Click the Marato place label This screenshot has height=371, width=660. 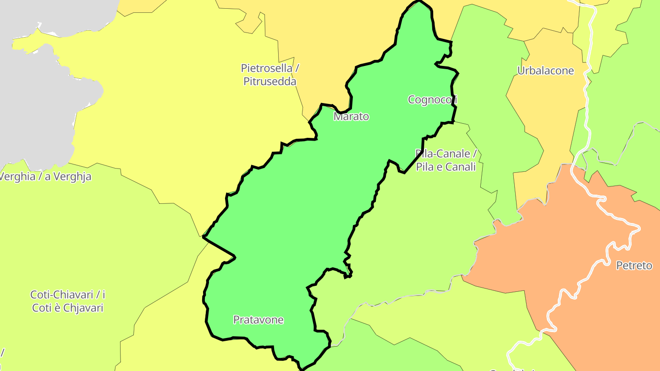click(351, 116)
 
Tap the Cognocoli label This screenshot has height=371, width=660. click(432, 99)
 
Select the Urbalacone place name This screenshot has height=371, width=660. click(545, 71)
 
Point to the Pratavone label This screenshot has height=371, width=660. click(258, 320)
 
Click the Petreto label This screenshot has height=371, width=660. click(634, 265)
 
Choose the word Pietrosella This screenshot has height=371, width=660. click(266, 68)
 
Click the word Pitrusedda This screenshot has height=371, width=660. click(269, 82)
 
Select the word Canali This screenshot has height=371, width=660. click(460, 167)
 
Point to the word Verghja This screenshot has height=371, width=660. click(72, 176)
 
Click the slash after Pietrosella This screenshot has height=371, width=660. click(297, 68)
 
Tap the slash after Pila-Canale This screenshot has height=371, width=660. click(475, 153)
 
